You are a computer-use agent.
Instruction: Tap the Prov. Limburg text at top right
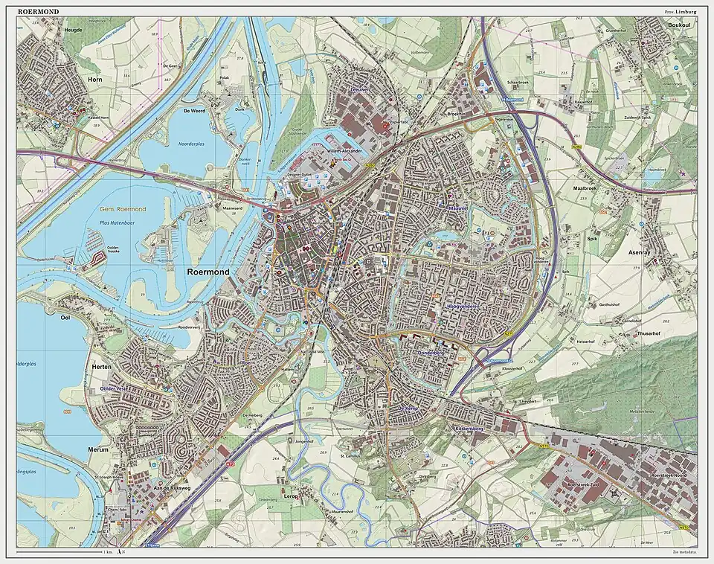tap(681, 11)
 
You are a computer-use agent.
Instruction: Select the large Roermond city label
tap(208, 272)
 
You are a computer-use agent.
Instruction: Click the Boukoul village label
tap(680, 25)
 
